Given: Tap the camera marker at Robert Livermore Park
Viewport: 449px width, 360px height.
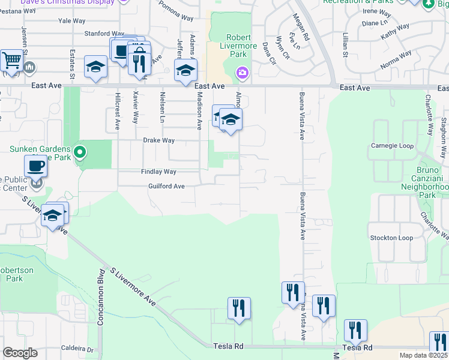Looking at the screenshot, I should click(x=242, y=73).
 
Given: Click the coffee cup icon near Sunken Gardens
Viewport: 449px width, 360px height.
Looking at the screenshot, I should click(x=35, y=166).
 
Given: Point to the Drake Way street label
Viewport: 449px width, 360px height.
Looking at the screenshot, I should click(x=158, y=140).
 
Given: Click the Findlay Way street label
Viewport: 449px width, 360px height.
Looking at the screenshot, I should click(x=158, y=172).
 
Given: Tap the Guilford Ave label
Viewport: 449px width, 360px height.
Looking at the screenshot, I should click(x=166, y=186).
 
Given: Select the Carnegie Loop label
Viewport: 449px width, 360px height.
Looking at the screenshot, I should click(x=393, y=146).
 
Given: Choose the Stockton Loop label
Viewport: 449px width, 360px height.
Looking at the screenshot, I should click(x=391, y=238).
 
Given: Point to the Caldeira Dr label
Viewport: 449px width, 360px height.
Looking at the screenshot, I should click(x=78, y=349).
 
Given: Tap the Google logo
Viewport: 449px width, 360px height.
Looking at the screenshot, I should click(x=20, y=353).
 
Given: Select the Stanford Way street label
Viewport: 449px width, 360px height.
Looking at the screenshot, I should click(x=104, y=34).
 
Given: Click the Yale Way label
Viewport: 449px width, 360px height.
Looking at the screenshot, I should click(x=72, y=20).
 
